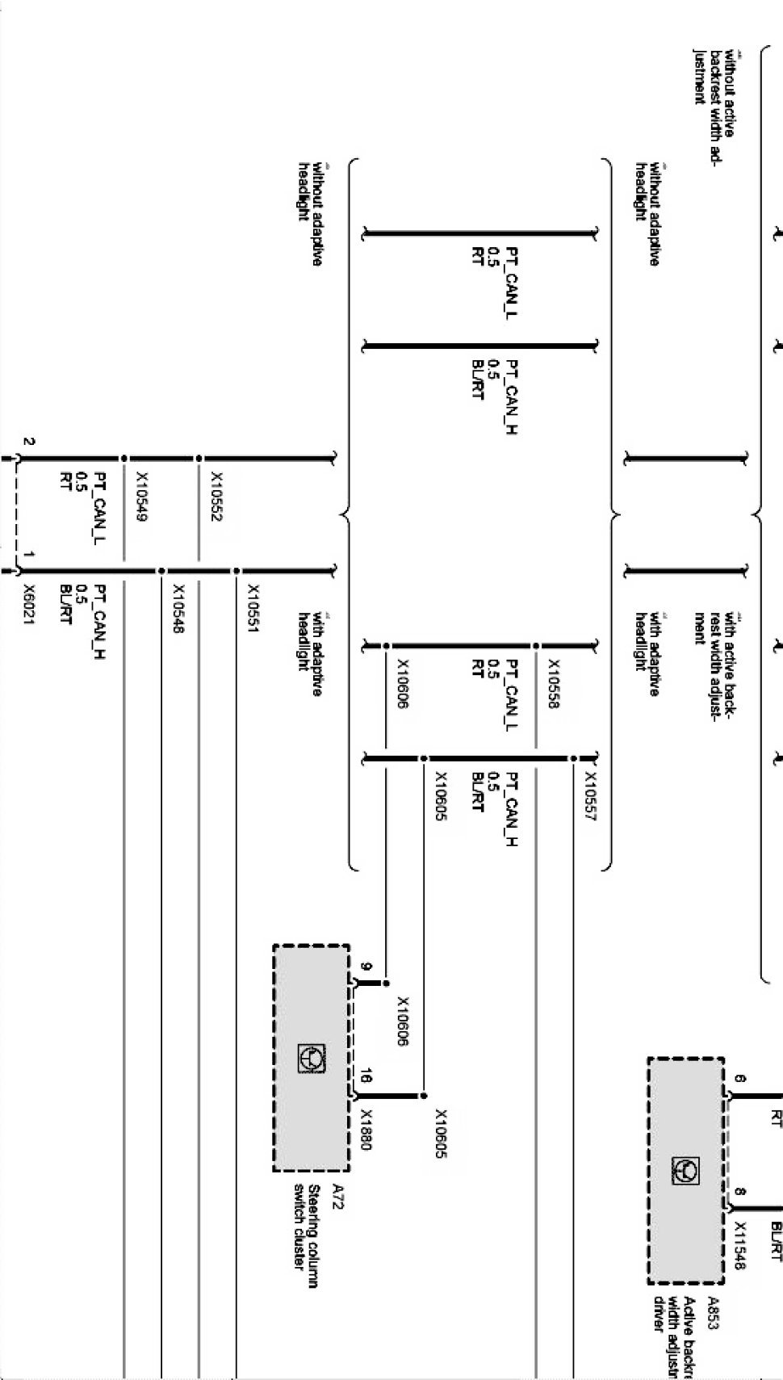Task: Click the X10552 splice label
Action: [216, 497]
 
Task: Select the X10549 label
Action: [141, 497]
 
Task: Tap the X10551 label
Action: [253, 608]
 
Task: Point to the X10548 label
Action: [178, 608]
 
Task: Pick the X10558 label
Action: [554, 684]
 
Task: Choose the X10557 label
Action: [590, 796]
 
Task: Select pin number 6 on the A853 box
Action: [741, 1079]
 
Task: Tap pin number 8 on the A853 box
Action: [741, 1192]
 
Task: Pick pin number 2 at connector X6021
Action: [29, 442]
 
